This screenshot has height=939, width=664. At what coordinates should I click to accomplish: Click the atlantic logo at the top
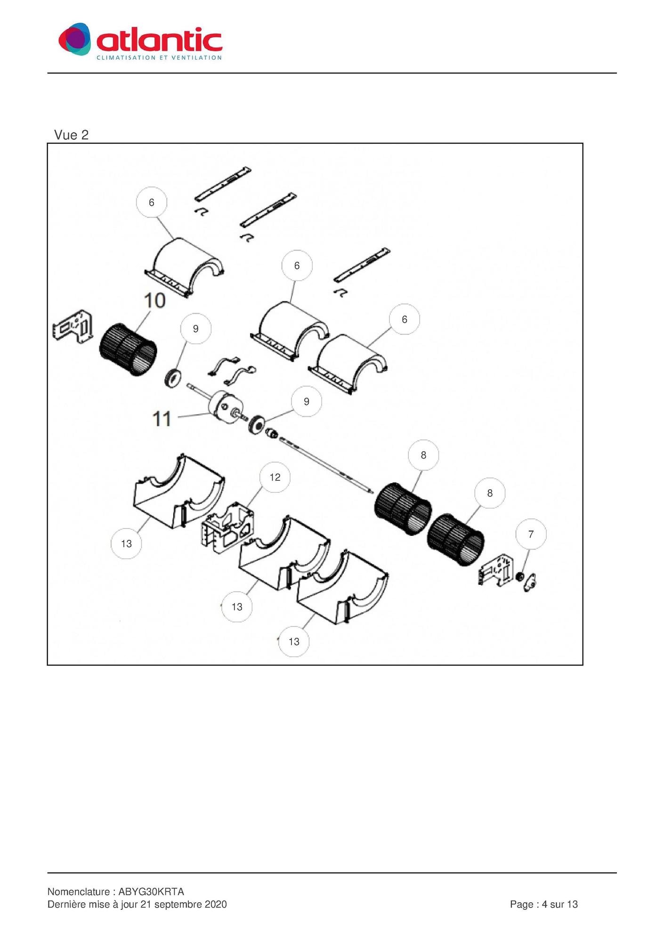coord(140,41)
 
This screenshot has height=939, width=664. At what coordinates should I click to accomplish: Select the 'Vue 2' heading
coord(71,135)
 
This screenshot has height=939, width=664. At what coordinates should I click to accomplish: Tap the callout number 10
coord(155,300)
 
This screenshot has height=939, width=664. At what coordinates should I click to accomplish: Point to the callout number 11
coord(162,419)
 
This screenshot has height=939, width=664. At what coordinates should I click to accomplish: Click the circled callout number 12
coord(275,478)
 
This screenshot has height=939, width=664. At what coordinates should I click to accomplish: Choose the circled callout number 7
coord(531,534)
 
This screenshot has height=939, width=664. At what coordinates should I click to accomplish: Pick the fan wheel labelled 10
coord(128,349)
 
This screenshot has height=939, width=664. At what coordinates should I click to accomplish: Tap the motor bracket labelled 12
coord(227,528)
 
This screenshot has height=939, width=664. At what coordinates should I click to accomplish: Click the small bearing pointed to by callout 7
coord(520,577)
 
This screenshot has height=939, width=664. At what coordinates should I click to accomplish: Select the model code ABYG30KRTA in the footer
coord(151,892)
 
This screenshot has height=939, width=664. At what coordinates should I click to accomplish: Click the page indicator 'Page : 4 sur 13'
coord(544,905)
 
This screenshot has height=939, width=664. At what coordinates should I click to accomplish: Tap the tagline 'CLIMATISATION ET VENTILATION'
coord(159,58)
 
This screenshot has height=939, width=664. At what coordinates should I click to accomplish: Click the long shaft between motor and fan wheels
coord(326,465)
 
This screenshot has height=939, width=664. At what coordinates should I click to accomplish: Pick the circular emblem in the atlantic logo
coord(74,39)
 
